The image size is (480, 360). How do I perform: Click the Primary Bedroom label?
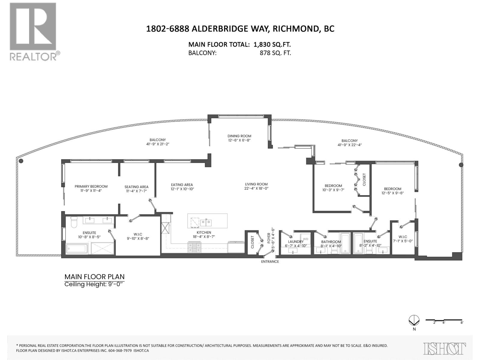point(91,186)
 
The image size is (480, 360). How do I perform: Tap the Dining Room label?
point(239,136)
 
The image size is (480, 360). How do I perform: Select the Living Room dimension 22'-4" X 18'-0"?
point(256,188)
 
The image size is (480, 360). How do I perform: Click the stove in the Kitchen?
point(194,248)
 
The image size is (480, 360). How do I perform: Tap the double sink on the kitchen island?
point(206,223)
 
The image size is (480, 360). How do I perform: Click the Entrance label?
point(270,262)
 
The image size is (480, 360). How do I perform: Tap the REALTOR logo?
point(33,31)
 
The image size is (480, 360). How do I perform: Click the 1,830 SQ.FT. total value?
point(272,44)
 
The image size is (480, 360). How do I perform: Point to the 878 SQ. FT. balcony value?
point(275,53)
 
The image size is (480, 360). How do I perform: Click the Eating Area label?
point(182,185)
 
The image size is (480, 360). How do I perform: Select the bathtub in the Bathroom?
point(345,243)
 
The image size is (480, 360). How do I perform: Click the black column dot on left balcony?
point(21,161)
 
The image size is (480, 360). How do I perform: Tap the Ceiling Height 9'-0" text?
point(94,284)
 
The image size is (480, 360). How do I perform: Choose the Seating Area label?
point(136,187)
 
